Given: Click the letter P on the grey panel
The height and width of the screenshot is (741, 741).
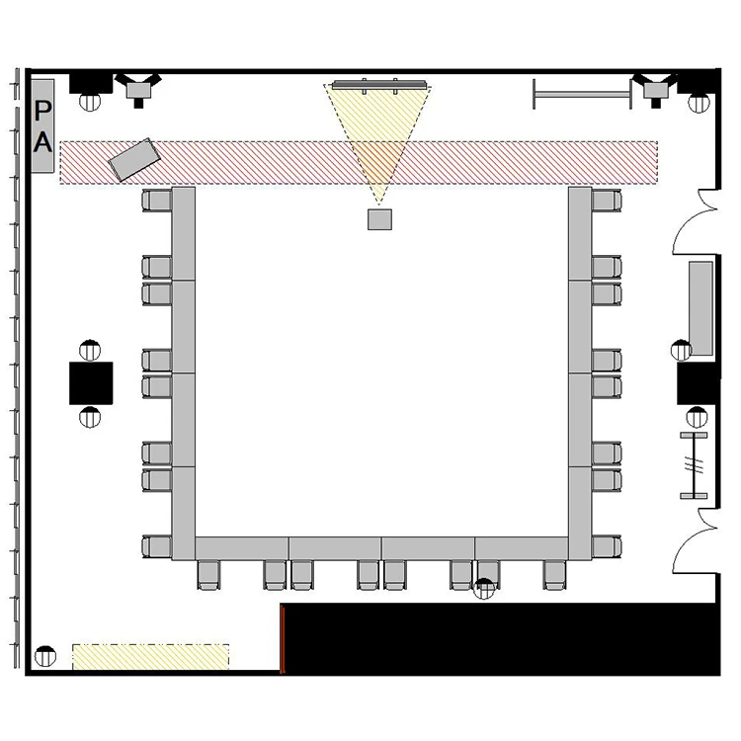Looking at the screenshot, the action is click(x=42, y=111).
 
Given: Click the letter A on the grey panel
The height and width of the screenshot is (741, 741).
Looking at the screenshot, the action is click(x=42, y=141).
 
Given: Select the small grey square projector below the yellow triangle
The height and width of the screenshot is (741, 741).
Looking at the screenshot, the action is click(x=379, y=219).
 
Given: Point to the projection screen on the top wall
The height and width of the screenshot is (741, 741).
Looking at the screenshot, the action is click(x=379, y=85).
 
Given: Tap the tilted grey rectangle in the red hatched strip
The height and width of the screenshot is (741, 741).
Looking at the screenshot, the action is click(x=134, y=160).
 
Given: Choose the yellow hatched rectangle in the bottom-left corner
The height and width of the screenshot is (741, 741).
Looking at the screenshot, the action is click(x=151, y=656).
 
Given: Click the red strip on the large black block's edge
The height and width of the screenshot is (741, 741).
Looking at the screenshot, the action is click(x=283, y=639).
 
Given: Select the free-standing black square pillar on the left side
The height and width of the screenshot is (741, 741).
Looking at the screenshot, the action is click(x=91, y=382).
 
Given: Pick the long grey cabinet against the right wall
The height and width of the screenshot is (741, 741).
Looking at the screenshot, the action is click(x=700, y=308).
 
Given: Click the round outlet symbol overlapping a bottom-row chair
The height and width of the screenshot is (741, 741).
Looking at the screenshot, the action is click(x=484, y=589).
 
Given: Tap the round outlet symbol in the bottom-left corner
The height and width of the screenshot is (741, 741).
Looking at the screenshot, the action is click(x=45, y=656).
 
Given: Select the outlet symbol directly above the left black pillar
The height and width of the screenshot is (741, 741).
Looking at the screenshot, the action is click(x=90, y=350).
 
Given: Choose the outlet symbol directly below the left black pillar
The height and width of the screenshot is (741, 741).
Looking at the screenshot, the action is click(x=90, y=417).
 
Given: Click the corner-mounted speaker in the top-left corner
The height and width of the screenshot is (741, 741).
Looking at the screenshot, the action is click(x=138, y=89).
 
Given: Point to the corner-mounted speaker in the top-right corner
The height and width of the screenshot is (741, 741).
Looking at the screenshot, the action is click(x=655, y=89).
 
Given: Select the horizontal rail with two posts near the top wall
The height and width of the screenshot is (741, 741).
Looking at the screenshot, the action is click(x=582, y=94).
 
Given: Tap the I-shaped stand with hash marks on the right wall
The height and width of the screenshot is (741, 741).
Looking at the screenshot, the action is click(x=694, y=465).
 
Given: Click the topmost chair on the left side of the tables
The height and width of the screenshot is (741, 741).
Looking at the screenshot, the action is click(x=157, y=201).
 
